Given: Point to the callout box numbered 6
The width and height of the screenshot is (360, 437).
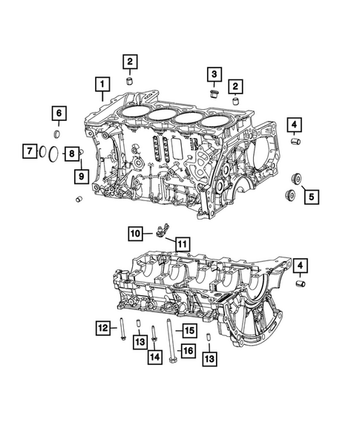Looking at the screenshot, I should pos(58,114).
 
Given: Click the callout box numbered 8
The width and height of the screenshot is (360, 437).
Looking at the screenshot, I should pos(72,154).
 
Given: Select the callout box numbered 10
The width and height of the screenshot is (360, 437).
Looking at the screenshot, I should pos(135,233).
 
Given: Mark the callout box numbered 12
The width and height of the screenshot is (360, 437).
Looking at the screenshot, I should pos(102,326).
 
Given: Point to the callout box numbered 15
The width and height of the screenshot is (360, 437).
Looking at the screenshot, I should pos(189,330).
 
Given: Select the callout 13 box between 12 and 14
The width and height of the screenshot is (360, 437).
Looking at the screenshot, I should pos(139,341).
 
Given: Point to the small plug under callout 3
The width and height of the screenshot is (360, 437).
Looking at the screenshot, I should pos(214,93).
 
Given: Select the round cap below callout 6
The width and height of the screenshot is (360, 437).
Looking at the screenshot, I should pos(58,134).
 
